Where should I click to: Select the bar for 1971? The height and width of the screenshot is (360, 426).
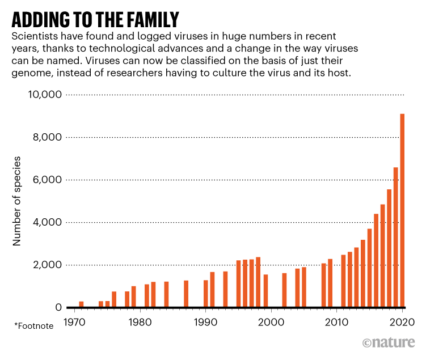click(81, 304)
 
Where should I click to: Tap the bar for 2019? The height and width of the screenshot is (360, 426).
click(395, 238)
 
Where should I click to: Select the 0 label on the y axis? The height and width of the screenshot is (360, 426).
click(58, 307)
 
